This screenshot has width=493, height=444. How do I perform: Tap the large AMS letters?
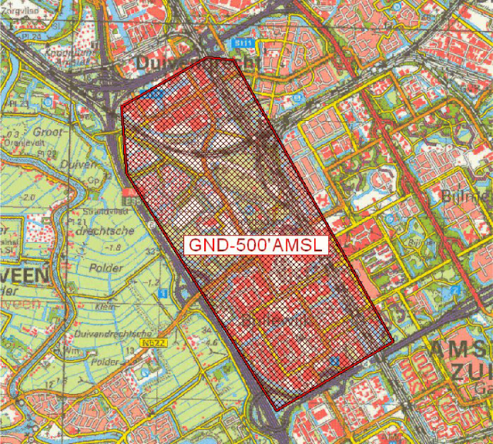tap(458, 351)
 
